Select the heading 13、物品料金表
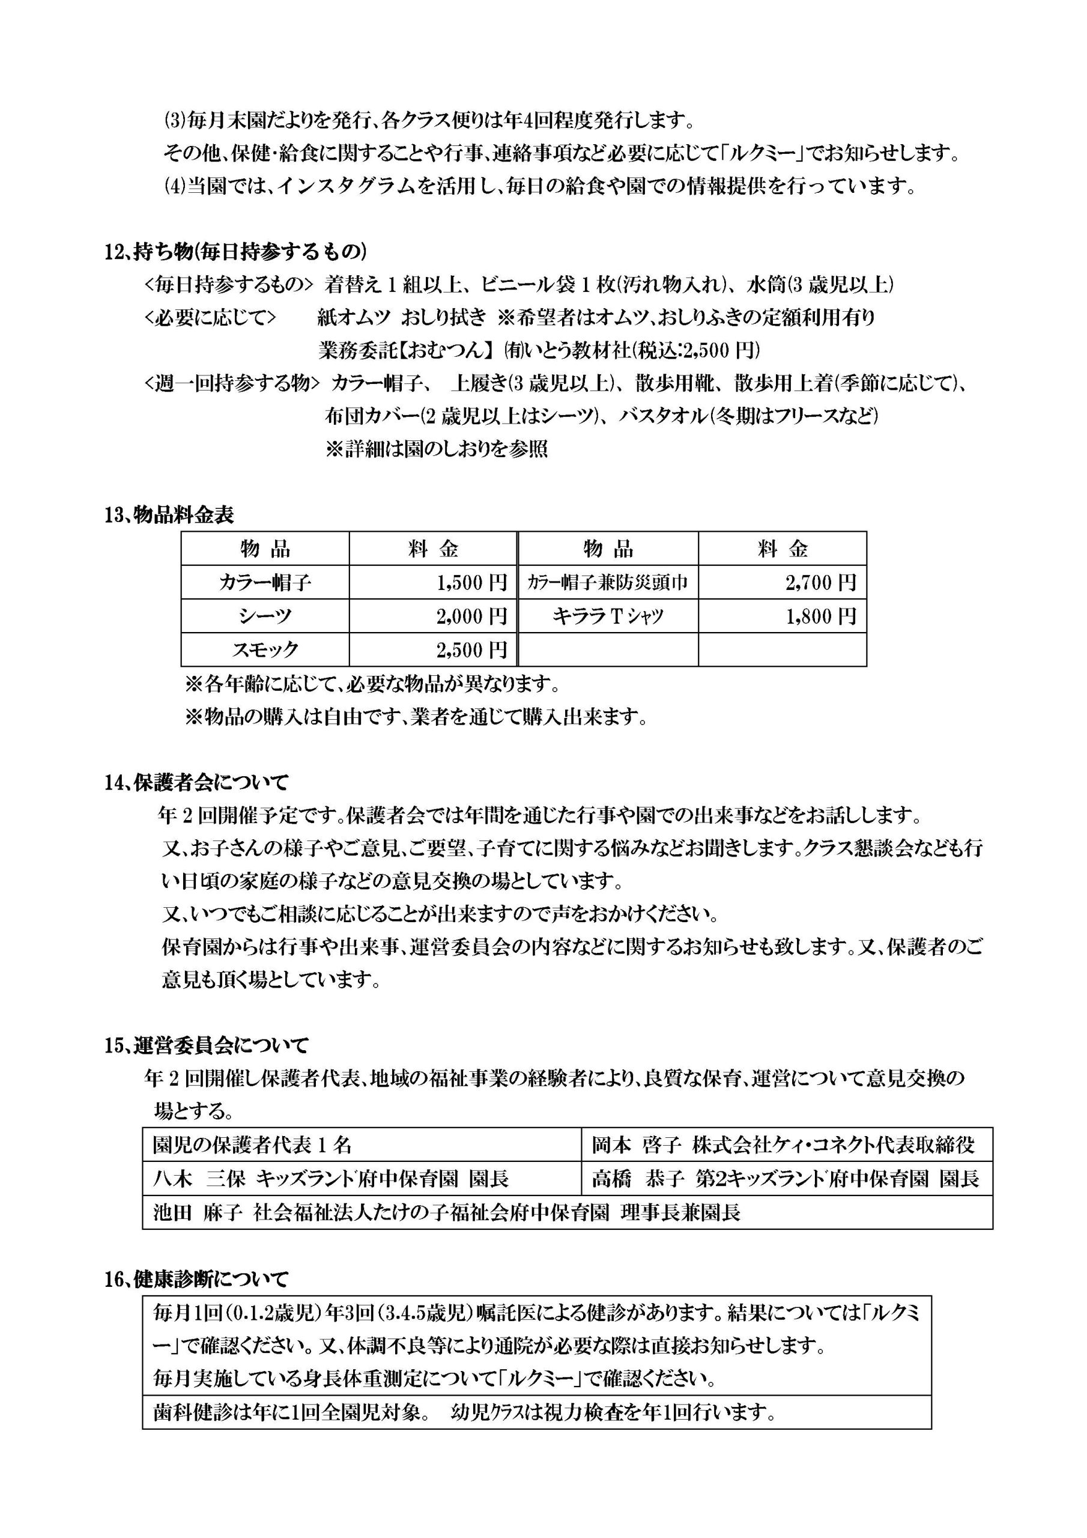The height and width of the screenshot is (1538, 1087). (x=169, y=515)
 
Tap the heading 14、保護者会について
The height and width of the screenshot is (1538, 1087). (x=196, y=782)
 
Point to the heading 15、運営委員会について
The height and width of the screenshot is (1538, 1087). (x=206, y=1045)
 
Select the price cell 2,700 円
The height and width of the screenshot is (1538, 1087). (x=820, y=582)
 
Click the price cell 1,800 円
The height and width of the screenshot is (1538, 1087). (x=820, y=616)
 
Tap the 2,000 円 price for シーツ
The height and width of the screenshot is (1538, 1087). (x=471, y=616)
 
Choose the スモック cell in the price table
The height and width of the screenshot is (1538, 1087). (x=265, y=649)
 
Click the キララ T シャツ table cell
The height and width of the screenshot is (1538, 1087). (x=608, y=616)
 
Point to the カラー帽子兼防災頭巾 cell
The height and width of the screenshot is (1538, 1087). (x=608, y=582)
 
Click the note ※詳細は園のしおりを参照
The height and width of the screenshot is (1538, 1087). (x=436, y=449)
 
